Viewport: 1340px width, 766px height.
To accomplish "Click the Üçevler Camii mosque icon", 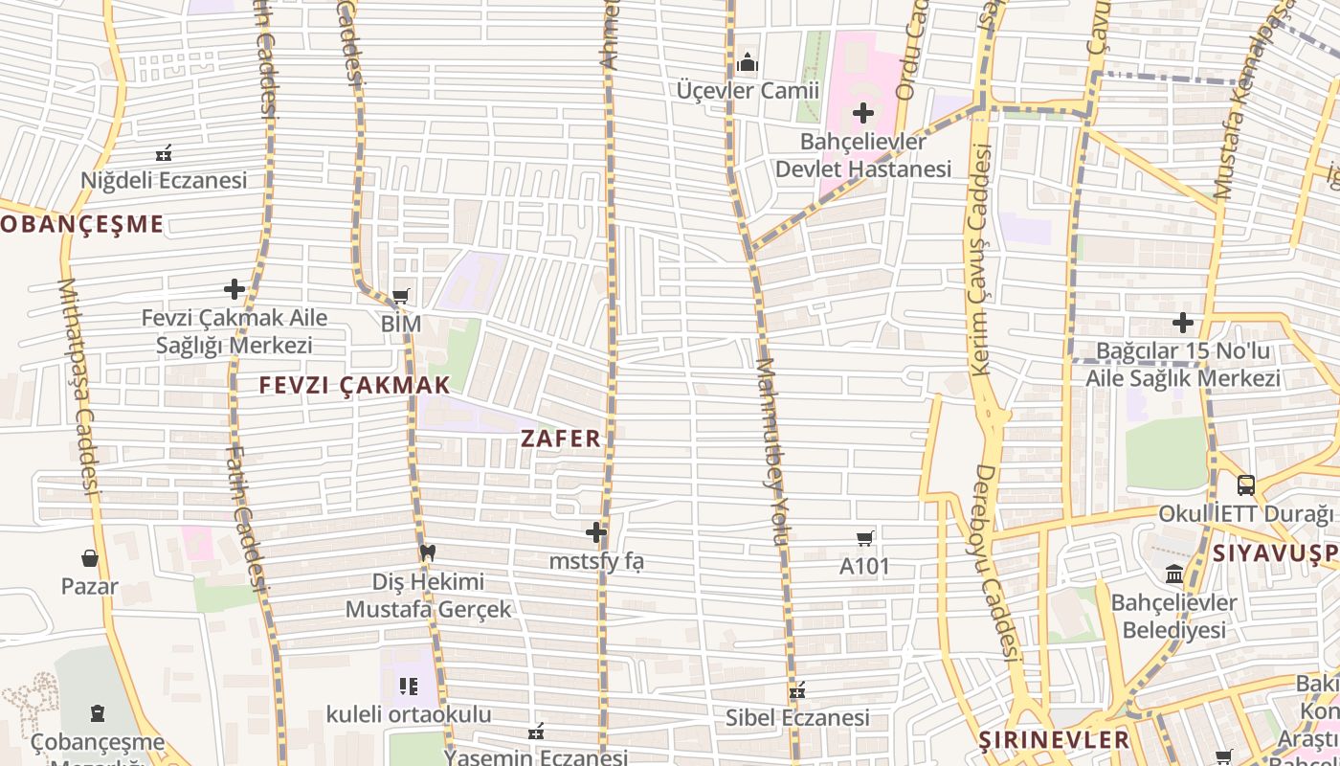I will [748, 64].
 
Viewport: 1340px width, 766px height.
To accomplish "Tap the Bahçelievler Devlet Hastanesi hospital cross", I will [863, 114].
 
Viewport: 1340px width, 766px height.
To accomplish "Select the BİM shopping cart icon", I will [401, 297].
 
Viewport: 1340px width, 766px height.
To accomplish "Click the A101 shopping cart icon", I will [864, 539].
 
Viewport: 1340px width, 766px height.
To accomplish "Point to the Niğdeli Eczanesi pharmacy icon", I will [164, 153].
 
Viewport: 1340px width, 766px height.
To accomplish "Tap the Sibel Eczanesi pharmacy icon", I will [797, 690].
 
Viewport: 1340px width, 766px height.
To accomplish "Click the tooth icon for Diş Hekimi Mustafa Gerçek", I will [428, 553].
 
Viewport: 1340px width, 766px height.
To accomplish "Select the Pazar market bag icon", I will [90, 558].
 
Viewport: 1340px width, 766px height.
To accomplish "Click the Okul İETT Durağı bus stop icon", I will [1245, 485].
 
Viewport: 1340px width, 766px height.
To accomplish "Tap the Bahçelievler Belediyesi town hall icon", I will [1173, 575].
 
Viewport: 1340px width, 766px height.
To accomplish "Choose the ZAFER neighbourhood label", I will [561, 439].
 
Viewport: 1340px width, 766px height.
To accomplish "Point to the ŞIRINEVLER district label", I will [1055, 739].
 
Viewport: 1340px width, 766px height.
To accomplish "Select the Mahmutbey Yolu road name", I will [771, 450].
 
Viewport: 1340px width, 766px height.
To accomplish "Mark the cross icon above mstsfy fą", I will [596, 532].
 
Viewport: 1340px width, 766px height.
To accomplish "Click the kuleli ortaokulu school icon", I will [409, 687].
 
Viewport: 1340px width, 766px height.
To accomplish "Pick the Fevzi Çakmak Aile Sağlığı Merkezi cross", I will [234, 289].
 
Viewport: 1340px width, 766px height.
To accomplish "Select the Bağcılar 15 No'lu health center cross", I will [1183, 323].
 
